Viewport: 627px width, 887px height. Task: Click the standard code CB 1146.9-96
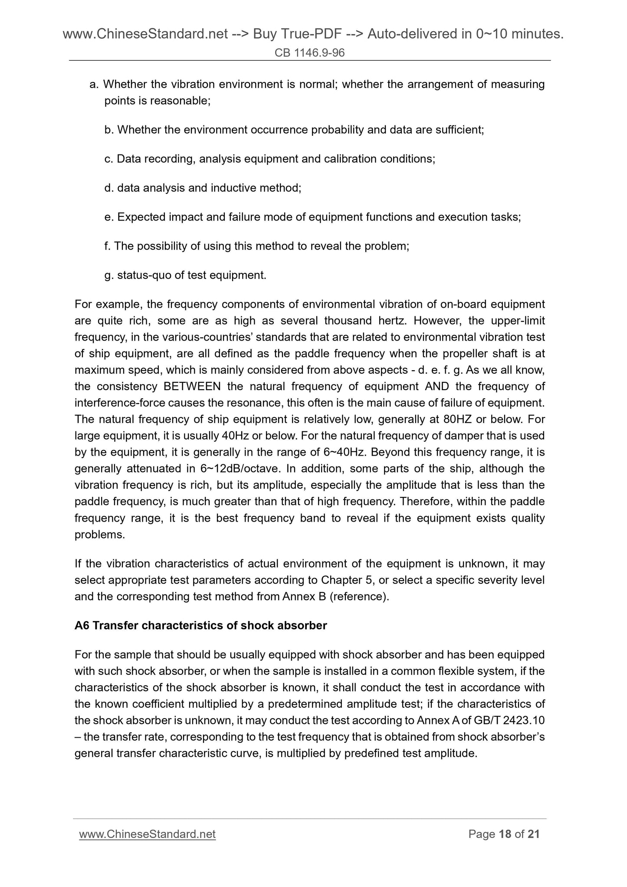click(309, 53)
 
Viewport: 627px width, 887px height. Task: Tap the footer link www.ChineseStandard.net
click(147, 834)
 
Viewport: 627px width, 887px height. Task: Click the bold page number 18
click(505, 834)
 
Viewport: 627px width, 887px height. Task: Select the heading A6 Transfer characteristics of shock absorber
click(200, 625)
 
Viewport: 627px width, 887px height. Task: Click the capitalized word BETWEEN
click(192, 386)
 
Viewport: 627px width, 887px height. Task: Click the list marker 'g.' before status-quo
click(108, 275)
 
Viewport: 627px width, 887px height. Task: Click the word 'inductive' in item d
click(233, 188)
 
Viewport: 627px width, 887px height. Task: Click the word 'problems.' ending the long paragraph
click(99, 535)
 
